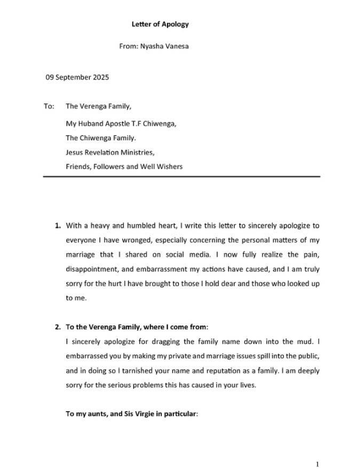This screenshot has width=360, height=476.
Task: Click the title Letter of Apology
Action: point(160,24)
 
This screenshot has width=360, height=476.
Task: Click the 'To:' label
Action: point(49,107)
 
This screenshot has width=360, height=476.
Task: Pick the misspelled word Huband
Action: point(91,123)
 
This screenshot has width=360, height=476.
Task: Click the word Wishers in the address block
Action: point(169,166)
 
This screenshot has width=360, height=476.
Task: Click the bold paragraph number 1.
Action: point(57,225)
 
